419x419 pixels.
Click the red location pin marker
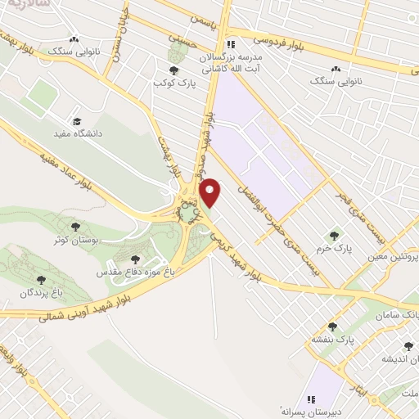click(212, 191)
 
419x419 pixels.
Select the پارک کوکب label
click(173, 83)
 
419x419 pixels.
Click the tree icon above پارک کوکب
click(173, 70)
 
